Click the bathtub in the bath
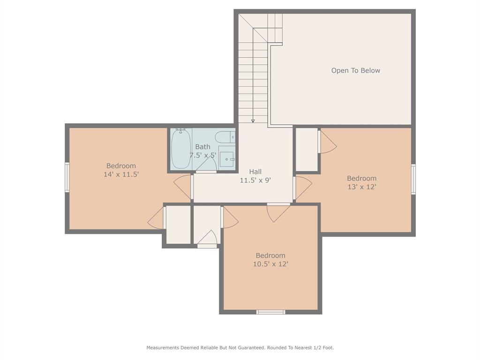point(180,149)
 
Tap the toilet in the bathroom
point(224,137)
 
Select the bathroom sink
point(226,158)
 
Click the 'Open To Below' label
point(355,70)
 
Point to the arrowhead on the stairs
point(253,121)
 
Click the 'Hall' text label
point(255,172)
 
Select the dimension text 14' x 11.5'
point(121,174)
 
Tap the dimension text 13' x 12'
point(361,187)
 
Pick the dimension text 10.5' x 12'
point(270,264)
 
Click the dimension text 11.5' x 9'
point(255,180)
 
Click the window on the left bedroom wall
point(67,177)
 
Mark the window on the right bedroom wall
point(413,179)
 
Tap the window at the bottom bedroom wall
point(270,312)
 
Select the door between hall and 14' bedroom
point(183,186)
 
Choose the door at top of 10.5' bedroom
point(278,212)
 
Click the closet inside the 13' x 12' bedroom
point(307,149)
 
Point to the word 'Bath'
point(202,147)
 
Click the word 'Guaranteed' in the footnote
point(251,348)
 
